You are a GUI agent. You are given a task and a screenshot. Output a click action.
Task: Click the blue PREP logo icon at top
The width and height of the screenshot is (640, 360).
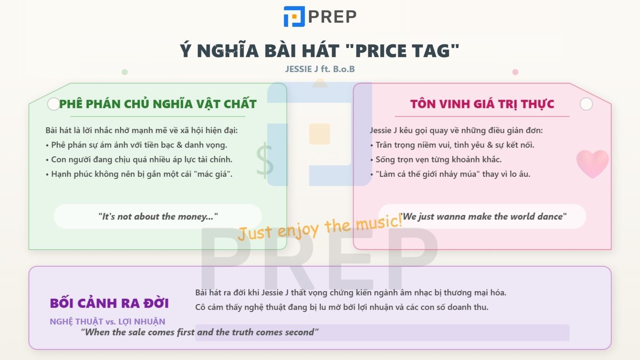click(x=294, y=16)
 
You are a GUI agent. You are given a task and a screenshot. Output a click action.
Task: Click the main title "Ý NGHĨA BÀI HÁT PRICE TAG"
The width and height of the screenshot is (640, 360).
click(x=320, y=51)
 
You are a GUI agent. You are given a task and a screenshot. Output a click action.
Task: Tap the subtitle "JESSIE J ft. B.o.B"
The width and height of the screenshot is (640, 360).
click(x=320, y=69)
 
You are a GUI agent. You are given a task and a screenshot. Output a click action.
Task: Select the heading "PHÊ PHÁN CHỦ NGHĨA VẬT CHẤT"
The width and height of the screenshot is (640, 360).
click(x=158, y=104)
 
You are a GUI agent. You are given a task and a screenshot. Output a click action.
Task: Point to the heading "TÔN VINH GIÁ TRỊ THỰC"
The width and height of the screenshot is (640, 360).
click(x=482, y=104)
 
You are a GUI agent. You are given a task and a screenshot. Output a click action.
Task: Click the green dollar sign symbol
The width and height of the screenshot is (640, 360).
click(x=264, y=161)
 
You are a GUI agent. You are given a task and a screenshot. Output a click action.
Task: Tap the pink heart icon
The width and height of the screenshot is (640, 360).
click(x=592, y=163)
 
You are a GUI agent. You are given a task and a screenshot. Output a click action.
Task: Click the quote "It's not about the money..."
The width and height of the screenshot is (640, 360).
click(x=158, y=216)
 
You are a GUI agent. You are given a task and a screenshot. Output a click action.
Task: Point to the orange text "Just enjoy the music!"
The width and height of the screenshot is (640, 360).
click(x=320, y=227)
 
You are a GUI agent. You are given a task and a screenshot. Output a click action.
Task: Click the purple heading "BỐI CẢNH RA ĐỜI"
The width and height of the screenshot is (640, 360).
click(x=109, y=303)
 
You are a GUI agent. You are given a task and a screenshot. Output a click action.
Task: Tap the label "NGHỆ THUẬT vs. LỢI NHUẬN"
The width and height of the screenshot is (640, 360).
click(x=107, y=321)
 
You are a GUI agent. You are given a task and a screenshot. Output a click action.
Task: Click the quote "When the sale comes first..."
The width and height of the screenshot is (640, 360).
click(x=200, y=332)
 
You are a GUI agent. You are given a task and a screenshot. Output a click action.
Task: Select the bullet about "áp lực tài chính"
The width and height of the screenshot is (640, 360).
click(x=142, y=159)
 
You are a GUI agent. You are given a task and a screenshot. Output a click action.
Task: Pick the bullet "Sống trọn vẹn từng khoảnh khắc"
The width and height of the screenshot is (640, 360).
click(x=438, y=159)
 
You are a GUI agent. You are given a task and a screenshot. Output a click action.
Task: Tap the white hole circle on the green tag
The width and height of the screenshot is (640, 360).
click(x=53, y=104)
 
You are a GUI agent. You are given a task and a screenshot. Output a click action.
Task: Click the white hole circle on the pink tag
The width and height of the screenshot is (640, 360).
click(x=586, y=104)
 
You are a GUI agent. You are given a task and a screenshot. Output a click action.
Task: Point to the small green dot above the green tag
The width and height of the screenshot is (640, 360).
click(x=124, y=72)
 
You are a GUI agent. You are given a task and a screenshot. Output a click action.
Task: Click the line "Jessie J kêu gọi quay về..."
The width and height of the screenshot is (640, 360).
click(x=456, y=130)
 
